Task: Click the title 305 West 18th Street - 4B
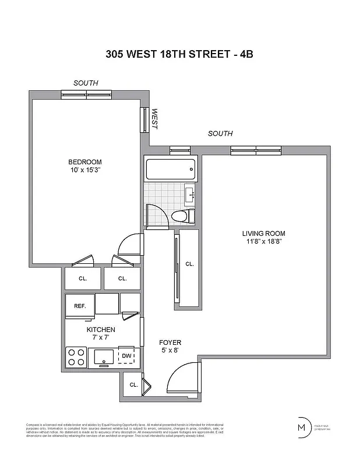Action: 179,54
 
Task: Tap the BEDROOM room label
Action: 85,162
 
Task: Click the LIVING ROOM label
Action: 263,234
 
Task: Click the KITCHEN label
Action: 102,330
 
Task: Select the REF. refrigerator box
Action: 80,306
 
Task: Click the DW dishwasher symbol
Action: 126,356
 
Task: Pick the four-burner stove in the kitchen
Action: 76,356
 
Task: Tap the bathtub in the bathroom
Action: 170,170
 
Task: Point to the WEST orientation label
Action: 155,119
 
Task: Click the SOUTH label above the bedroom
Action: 86,83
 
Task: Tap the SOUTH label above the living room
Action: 220,133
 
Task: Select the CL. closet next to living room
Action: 189,264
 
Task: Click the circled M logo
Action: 302,427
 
